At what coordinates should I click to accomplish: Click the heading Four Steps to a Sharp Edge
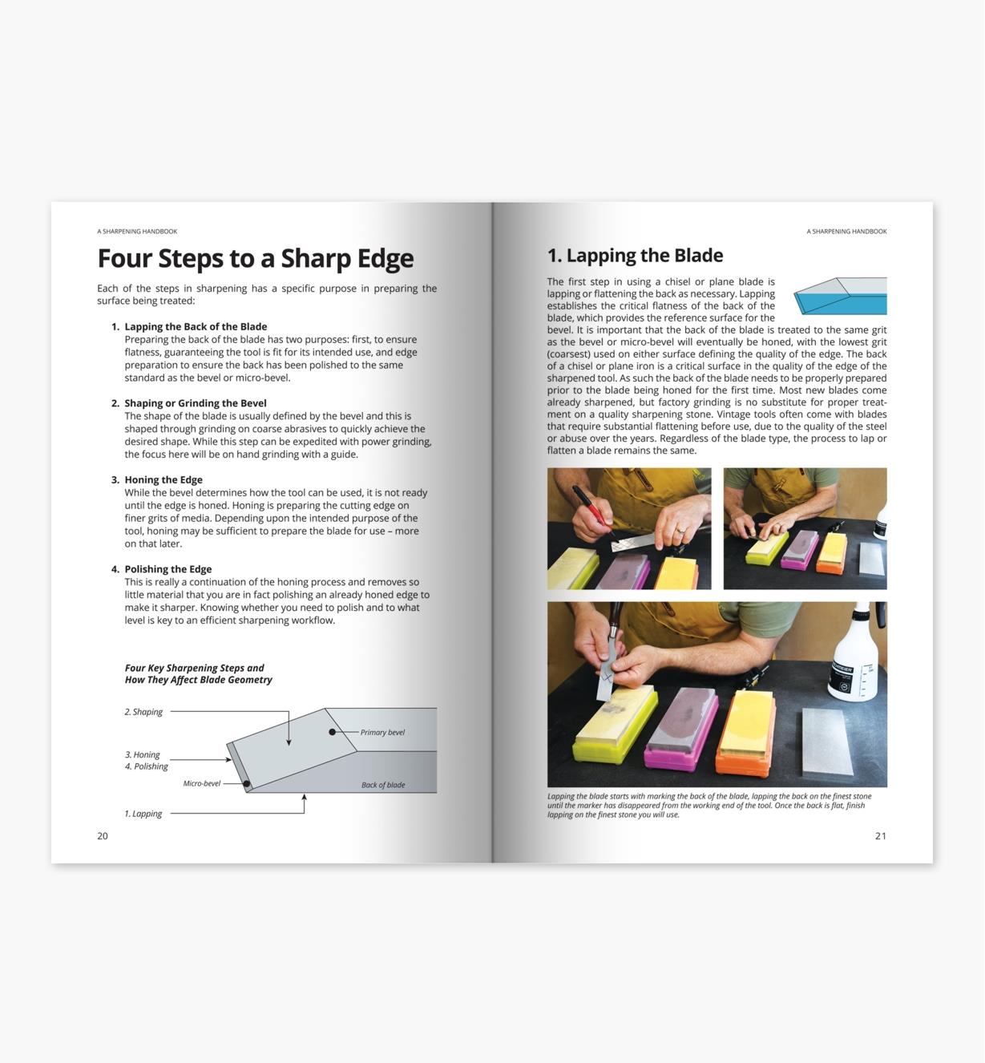point(255,259)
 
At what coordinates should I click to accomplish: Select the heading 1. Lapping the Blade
point(635,256)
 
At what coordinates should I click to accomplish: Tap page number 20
point(103,836)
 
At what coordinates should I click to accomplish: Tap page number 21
point(880,836)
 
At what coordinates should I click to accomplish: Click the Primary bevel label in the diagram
point(382,733)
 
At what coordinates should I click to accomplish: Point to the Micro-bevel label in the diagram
point(201,784)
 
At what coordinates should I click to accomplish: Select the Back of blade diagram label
point(383,786)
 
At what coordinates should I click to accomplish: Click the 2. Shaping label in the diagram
point(143,712)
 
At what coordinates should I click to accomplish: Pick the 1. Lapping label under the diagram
point(143,814)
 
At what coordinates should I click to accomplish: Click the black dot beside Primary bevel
point(332,732)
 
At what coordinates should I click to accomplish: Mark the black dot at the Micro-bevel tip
point(247,784)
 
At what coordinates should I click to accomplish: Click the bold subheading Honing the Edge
point(163,480)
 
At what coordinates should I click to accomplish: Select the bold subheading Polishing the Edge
point(168,569)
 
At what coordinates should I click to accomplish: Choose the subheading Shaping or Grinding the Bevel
point(196,403)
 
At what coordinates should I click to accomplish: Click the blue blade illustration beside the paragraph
point(841,297)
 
